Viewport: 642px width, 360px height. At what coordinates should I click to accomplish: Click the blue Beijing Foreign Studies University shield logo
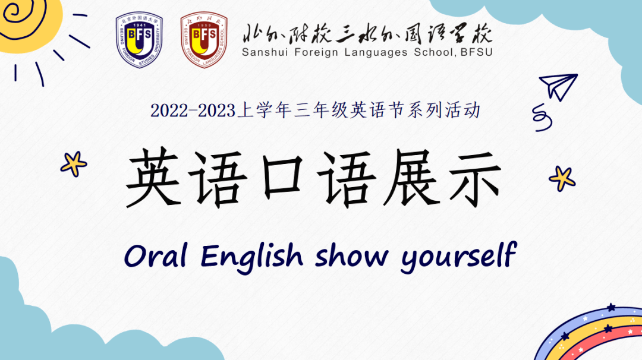pos(139,39)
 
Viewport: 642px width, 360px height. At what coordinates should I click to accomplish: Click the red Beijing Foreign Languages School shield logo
pos(204,39)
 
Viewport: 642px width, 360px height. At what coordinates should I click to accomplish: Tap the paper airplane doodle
pos(557,87)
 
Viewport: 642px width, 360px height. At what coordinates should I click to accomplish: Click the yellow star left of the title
pos(74,163)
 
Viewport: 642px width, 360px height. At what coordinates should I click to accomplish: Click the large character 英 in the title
pos(153,178)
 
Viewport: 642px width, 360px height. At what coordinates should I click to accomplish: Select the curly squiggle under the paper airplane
pos(542,117)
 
